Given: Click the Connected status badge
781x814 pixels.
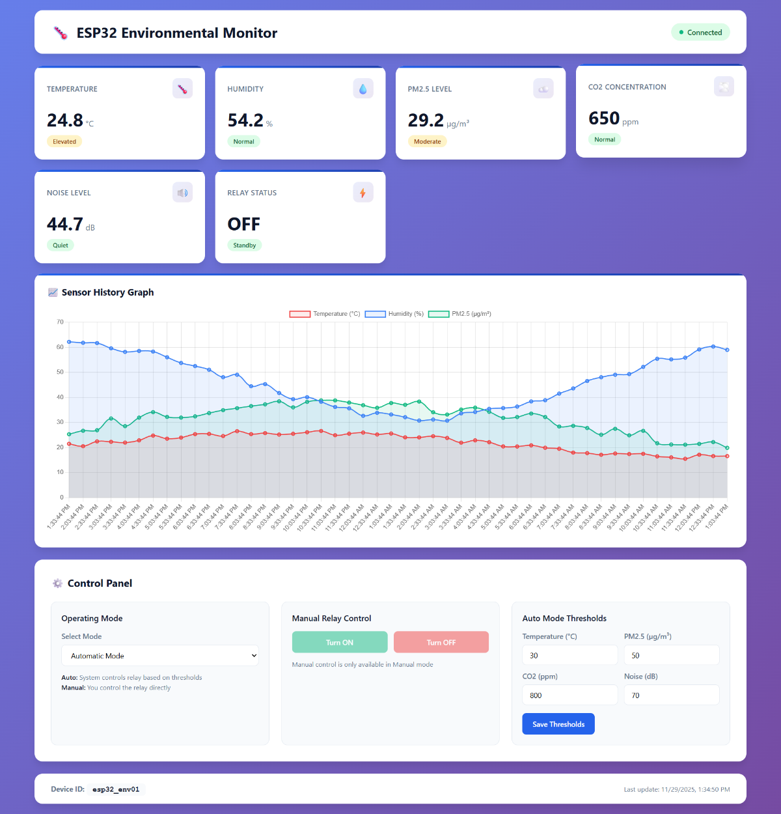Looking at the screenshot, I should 700,33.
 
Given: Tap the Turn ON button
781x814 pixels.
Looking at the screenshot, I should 340,642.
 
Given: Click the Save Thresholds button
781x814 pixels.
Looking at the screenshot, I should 558,724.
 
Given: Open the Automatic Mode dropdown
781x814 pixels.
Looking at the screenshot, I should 160,656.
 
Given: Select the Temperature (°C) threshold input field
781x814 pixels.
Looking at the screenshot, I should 569,655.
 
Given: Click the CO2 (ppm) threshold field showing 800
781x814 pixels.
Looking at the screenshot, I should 569,695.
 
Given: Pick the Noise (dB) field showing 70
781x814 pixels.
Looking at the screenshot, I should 671,695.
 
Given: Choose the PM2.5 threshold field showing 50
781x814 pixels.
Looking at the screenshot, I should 671,655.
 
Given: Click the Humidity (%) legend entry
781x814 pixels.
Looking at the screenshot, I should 394,314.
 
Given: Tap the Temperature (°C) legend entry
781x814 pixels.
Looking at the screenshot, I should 325,314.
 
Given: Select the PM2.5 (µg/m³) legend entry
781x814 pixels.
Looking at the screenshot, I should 460,314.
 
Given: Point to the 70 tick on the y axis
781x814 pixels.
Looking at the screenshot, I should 61,322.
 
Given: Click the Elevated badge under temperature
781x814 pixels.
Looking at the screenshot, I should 64,141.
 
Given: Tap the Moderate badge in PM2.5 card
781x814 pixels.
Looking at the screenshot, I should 428,141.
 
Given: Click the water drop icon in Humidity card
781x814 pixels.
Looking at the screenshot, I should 363,89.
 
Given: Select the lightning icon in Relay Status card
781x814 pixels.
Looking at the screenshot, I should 363,193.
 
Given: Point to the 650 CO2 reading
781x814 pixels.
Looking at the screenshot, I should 604,119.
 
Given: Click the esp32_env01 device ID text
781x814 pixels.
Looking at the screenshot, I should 116,789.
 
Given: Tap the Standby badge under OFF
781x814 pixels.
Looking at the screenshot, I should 245,246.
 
